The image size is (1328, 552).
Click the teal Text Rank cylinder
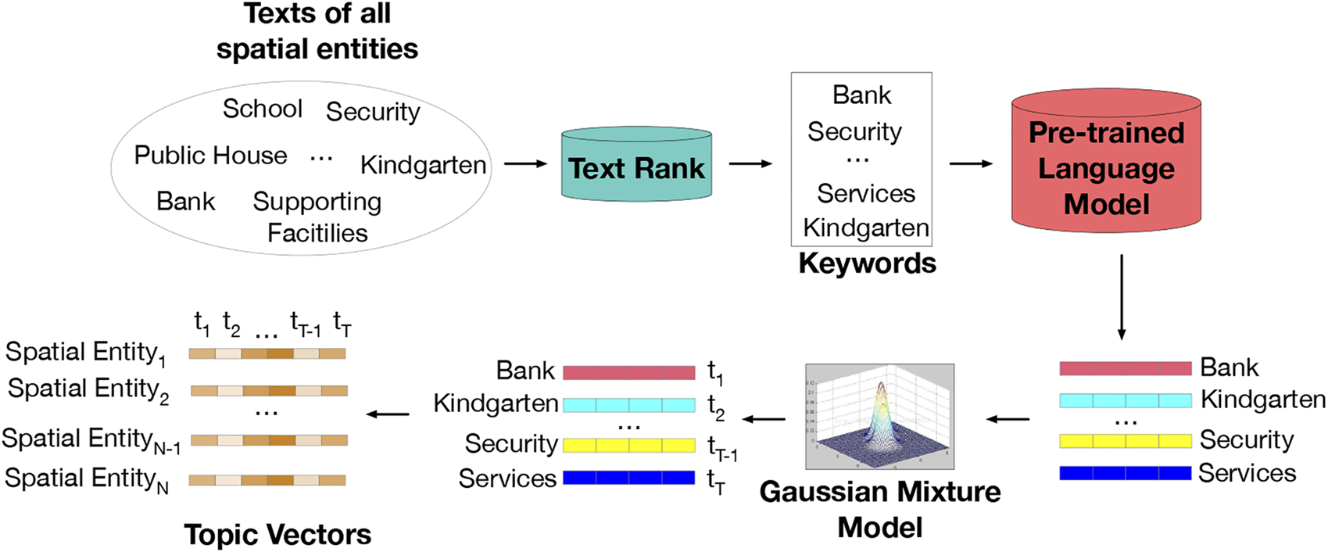pos(636,166)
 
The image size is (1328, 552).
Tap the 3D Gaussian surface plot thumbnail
pos(879,416)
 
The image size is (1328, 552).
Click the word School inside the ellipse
pos(262,109)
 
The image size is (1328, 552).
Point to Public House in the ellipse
pos(210,155)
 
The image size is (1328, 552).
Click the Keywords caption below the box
pos(867,263)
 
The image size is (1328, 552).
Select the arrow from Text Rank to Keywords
pos(750,163)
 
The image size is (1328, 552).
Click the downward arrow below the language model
pos(1122,296)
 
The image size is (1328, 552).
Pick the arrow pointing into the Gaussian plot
pos(1008,419)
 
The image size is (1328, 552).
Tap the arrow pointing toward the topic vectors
pos(388,414)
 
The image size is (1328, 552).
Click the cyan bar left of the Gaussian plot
pos(628,405)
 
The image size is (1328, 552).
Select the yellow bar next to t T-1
pos(628,445)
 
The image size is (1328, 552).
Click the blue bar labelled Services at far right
pos(1125,473)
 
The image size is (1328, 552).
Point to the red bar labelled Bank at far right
pos(1125,368)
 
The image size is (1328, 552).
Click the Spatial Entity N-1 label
pos(91,440)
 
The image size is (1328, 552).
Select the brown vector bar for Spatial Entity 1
pos(267,354)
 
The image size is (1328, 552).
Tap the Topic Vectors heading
pos(277,535)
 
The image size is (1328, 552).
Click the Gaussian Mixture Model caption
pos(879,509)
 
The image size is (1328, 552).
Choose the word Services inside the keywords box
pos(865,193)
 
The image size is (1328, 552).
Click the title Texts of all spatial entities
pos(317,31)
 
